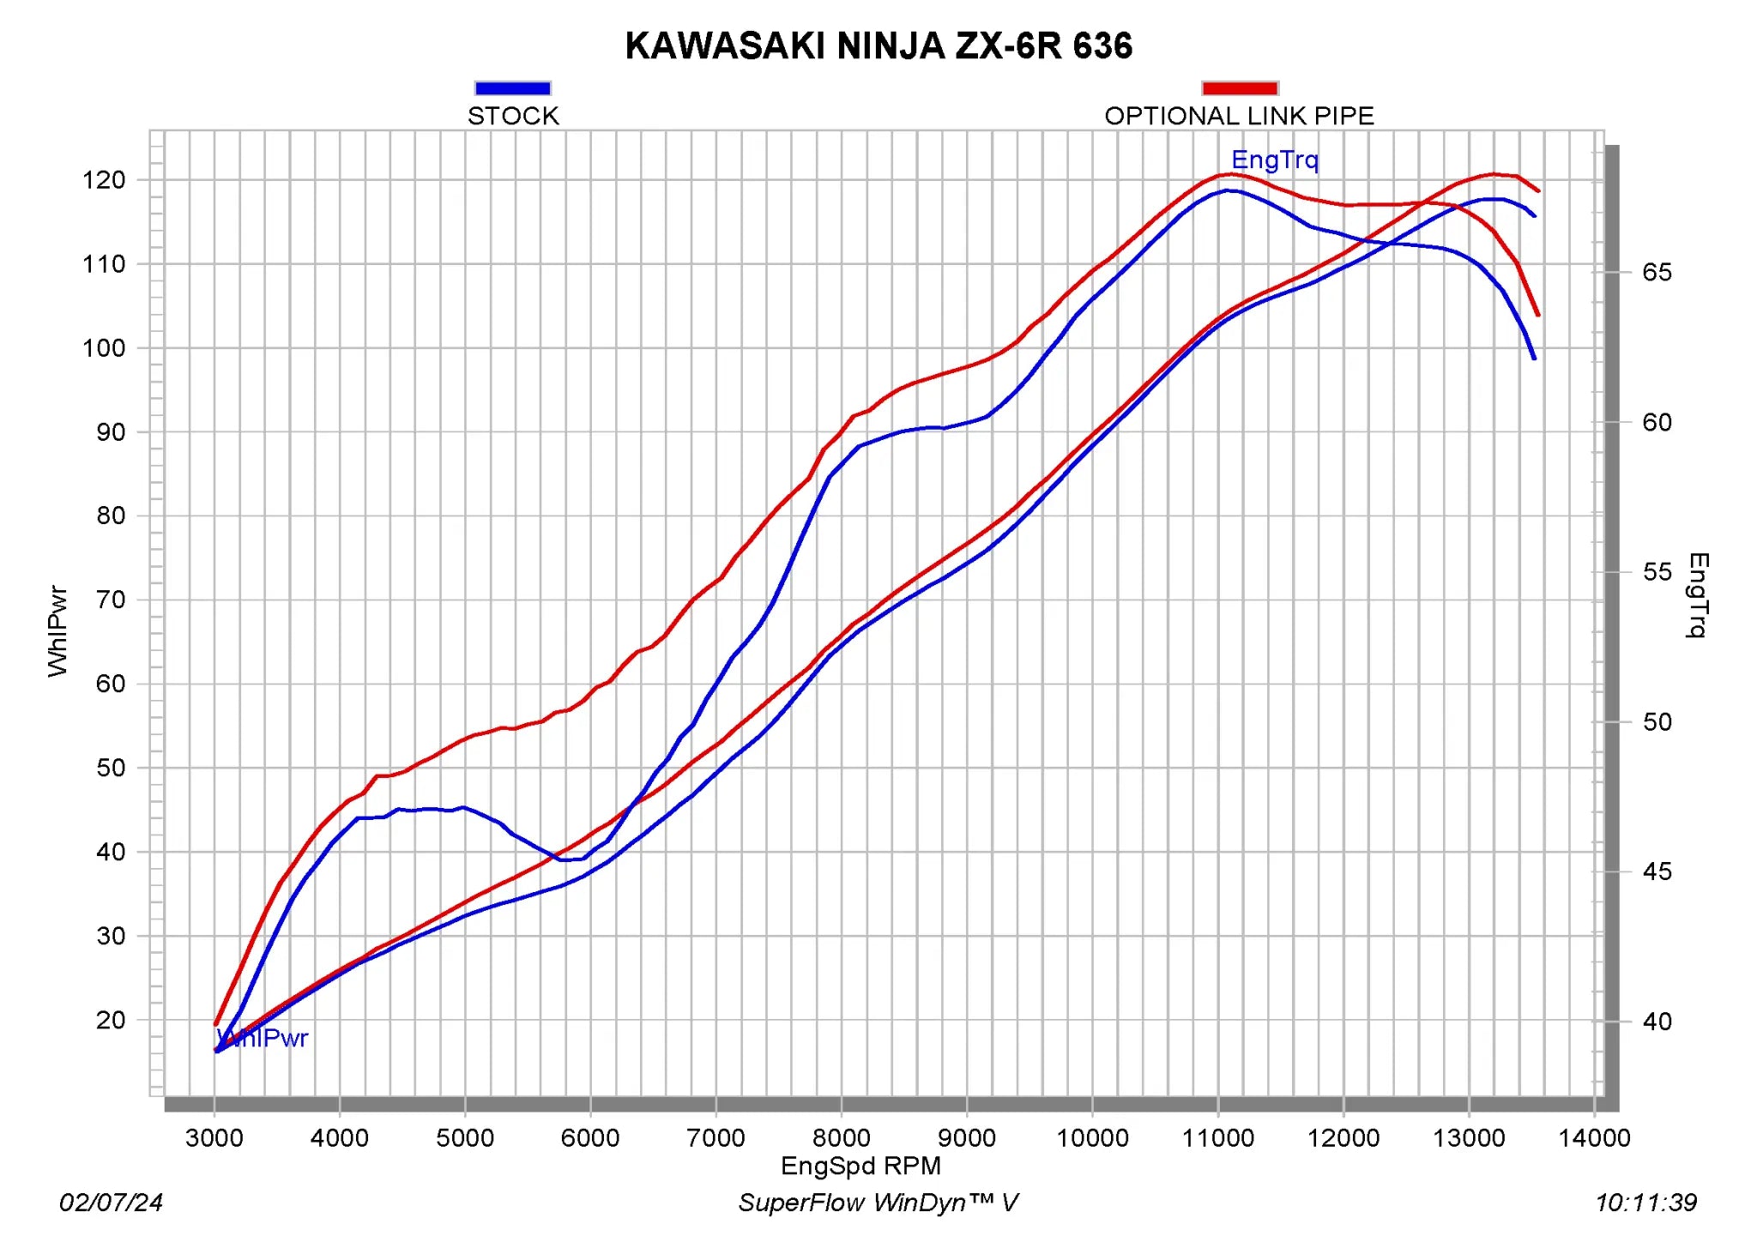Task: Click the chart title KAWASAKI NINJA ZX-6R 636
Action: click(878, 46)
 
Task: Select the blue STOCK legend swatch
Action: click(512, 88)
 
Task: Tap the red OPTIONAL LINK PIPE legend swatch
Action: click(1240, 88)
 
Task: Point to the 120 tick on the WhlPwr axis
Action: click(104, 180)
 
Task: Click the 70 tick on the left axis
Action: click(111, 600)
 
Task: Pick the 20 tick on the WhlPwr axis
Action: click(111, 1020)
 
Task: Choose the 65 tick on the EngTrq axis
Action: click(1657, 273)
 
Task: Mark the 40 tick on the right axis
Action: click(1657, 1022)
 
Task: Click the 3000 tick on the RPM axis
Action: click(214, 1138)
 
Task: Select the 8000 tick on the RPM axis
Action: click(841, 1138)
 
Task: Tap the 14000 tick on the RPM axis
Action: click(1594, 1138)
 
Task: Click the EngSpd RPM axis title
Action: click(860, 1166)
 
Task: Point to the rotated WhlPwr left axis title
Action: click(57, 631)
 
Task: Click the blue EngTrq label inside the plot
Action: click(1275, 160)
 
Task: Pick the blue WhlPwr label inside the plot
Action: click(263, 1039)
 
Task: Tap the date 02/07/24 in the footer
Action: click(111, 1203)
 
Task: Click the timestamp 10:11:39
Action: click(1645, 1203)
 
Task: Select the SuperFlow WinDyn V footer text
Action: click(878, 1203)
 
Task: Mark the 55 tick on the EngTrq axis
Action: click(1657, 572)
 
